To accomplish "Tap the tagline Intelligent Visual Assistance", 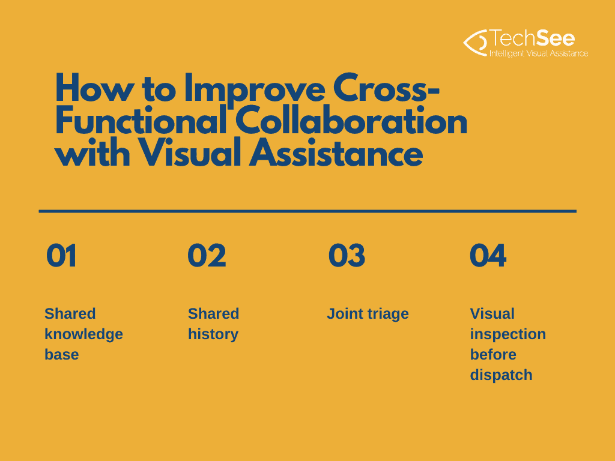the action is pos(539,53).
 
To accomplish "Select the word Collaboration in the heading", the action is pos(351,121).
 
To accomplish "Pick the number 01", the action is pos(61,256).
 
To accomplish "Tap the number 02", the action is pos(207,256).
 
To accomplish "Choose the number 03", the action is pos(347,256).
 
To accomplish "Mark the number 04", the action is pos(488,256).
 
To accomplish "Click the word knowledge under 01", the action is pos(83,334).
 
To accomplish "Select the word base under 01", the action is pos(62,355).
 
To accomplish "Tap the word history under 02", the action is pos(213,334).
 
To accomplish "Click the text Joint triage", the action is pos(368,314).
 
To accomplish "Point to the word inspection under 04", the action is pos(508,334).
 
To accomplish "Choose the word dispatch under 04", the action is pos(501,375).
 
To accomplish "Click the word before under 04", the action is pos(493,355).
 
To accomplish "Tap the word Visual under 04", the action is pos(492,314).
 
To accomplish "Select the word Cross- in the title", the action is pos(386,89).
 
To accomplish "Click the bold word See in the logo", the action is pos(556,38).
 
